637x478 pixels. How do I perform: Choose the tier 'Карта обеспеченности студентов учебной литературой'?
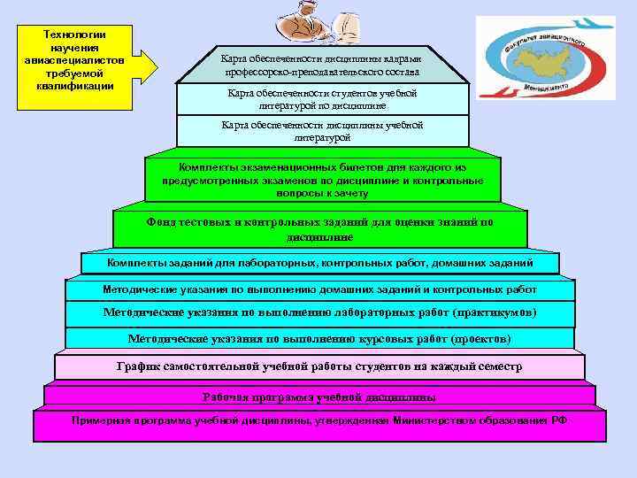click(322, 99)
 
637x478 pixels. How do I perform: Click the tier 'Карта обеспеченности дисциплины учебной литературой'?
click(322, 131)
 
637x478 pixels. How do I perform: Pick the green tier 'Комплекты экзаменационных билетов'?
click(322, 180)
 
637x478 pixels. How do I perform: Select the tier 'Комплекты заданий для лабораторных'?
click(320, 263)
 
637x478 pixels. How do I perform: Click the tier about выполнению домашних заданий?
click(320, 289)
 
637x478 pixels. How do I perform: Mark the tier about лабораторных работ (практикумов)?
click(320, 313)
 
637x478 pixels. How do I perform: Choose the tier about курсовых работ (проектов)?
click(320, 338)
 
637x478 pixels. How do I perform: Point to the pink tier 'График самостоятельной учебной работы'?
click(320, 366)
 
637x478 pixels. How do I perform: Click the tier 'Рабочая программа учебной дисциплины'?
click(320, 397)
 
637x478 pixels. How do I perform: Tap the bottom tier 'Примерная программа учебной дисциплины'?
click(320, 425)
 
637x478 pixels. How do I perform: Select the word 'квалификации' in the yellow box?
click(75, 86)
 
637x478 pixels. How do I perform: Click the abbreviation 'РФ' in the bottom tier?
click(558, 420)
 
